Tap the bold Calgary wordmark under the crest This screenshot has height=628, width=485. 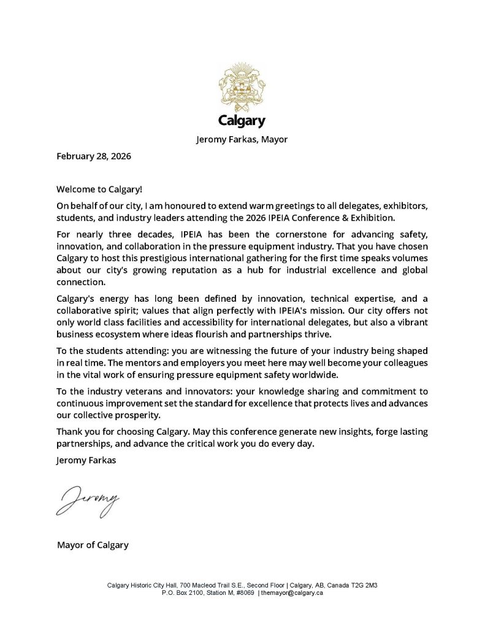pyautogui.click(x=242, y=121)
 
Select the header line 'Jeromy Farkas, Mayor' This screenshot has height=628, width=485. pyautogui.click(x=242, y=139)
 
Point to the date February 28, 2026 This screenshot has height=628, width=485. pyautogui.click(x=94, y=156)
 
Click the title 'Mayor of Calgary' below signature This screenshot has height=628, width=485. pyautogui.click(x=93, y=545)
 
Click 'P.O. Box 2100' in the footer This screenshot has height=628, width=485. pyautogui.click(x=183, y=593)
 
